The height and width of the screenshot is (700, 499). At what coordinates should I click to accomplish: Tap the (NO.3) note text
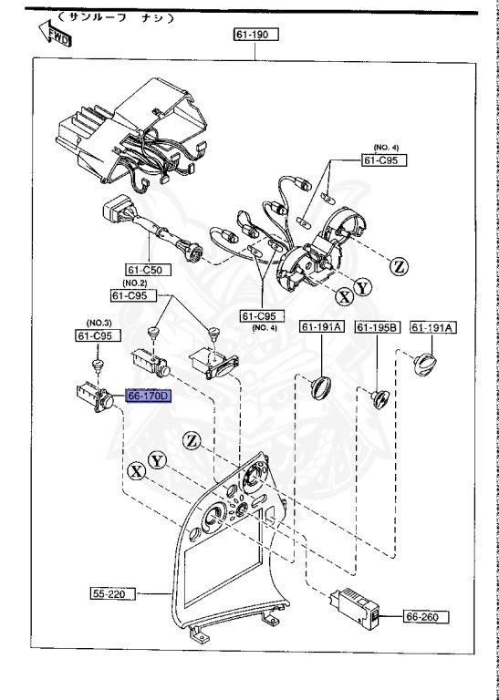point(99,324)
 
